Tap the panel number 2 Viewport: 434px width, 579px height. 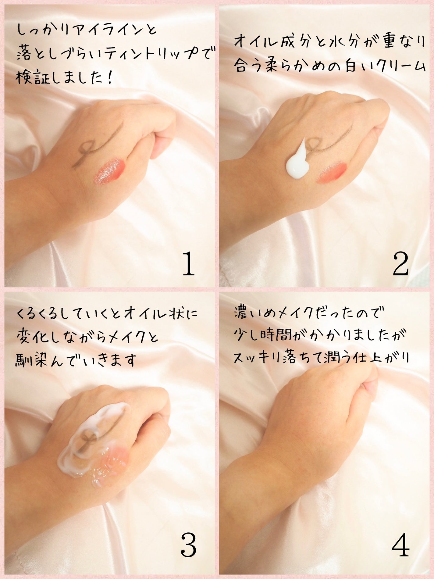pos(400,264)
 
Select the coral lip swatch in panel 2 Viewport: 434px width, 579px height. pos(332,173)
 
